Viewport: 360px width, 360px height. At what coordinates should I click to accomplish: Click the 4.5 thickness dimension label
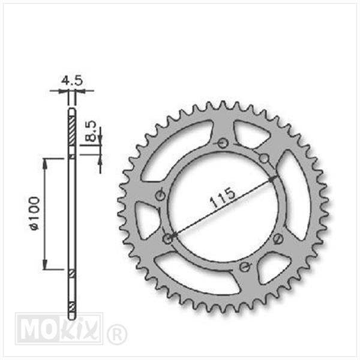click(x=72, y=80)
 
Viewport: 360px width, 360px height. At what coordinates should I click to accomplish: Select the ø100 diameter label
click(x=35, y=213)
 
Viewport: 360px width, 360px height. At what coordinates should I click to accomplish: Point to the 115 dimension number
click(x=223, y=197)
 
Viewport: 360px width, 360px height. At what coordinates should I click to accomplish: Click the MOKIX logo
click(x=59, y=328)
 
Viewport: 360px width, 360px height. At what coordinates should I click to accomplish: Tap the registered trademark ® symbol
click(x=117, y=334)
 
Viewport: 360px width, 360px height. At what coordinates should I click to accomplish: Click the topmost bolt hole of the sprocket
click(x=222, y=143)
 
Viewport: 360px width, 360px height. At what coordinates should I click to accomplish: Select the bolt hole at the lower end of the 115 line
click(x=168, y=239)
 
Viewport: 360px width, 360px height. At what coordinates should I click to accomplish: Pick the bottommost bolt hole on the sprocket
click(x=244, y=267)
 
